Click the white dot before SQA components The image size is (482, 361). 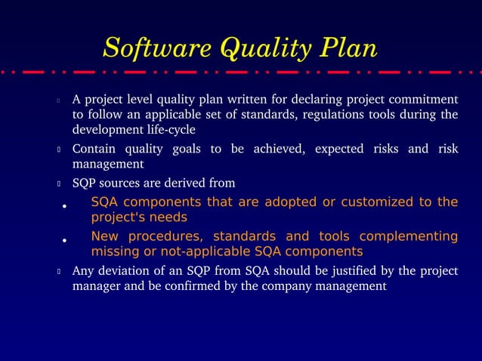65,205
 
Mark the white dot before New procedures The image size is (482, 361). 65,241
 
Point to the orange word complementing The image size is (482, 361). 408,236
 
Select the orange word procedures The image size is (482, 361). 159,236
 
